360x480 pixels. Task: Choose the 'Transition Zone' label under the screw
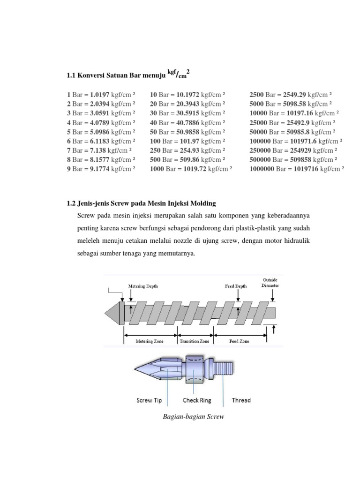point(195,342)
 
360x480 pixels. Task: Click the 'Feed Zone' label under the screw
point(239,342)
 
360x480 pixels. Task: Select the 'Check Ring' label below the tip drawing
point(197,400)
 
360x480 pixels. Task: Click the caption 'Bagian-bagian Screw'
point(193,417)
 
